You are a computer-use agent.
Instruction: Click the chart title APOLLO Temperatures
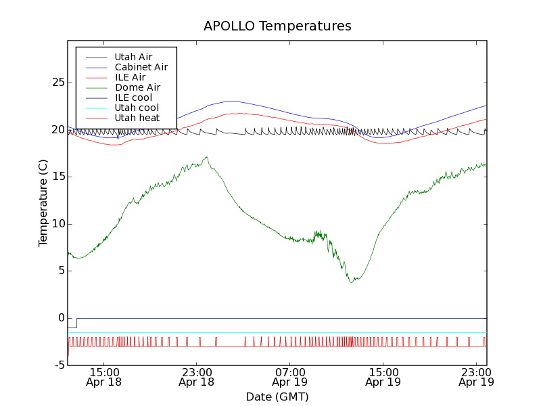point(277,26)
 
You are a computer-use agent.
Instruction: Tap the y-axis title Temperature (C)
point(43,203)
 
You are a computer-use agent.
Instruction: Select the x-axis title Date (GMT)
point(277,397)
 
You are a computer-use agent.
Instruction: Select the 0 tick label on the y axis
point(60,318)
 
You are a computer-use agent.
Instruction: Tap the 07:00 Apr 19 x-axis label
point(290,377)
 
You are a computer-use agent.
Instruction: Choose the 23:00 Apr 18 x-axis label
point(197,377)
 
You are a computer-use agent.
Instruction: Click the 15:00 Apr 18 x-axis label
point(103,377)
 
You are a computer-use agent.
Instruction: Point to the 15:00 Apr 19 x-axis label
point(383,377)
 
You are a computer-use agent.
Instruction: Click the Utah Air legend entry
point(133,57)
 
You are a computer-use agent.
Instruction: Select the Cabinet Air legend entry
point(141,67)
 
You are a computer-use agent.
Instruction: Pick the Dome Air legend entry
point(137,87)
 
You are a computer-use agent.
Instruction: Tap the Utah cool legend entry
point(137,108)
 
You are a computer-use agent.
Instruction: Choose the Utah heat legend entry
point(137,118)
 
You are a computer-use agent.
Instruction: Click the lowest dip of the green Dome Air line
point(352,282)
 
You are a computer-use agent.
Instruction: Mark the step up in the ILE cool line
point(76,323)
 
